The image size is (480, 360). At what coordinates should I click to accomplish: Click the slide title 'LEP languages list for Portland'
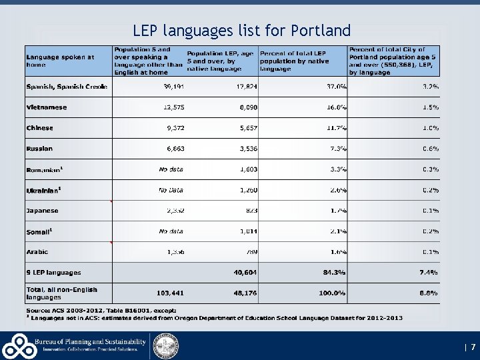(241, 31)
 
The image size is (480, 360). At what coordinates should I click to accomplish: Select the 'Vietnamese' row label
(47, 107)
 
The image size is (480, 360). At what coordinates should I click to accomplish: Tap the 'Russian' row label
(39, 149)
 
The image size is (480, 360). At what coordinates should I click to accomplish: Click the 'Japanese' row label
(42, 211)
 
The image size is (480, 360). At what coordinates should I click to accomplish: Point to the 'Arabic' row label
(37, 252)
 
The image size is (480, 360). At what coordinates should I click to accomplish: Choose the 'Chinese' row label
(40, 128)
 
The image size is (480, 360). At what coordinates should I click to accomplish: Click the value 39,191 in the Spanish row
(170, 87)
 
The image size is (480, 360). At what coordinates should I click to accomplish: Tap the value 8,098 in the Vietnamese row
(240, 107)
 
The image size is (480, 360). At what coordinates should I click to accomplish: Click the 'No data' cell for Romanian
(171, 169)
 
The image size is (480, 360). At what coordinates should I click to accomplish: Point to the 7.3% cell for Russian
(338, 149)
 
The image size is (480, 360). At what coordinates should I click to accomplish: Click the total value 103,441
(169, 293)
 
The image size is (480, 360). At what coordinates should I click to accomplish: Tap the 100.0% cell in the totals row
(333, 293)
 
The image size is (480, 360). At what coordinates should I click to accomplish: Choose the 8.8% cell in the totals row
(430, 293)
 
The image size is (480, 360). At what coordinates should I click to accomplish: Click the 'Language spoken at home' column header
(60, 60)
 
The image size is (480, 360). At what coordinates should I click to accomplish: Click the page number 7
(473, 347)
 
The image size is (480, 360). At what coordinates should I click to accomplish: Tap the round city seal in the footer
(165, 346)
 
